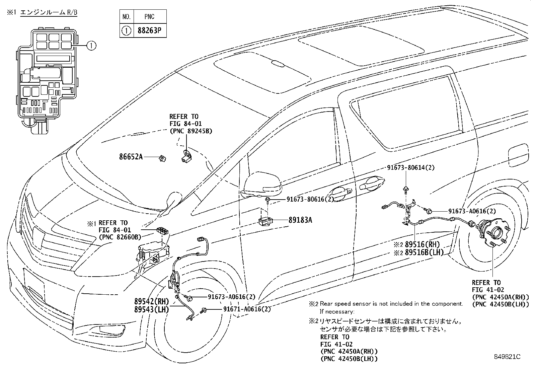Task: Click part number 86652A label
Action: point(131,156)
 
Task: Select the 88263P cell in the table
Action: point(150,31)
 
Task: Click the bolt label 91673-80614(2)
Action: point(411,168)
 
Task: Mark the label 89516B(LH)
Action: point(424,253)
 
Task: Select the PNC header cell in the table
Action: point(150,16)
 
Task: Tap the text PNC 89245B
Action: point(191,131)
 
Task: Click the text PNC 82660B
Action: point(120,237)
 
